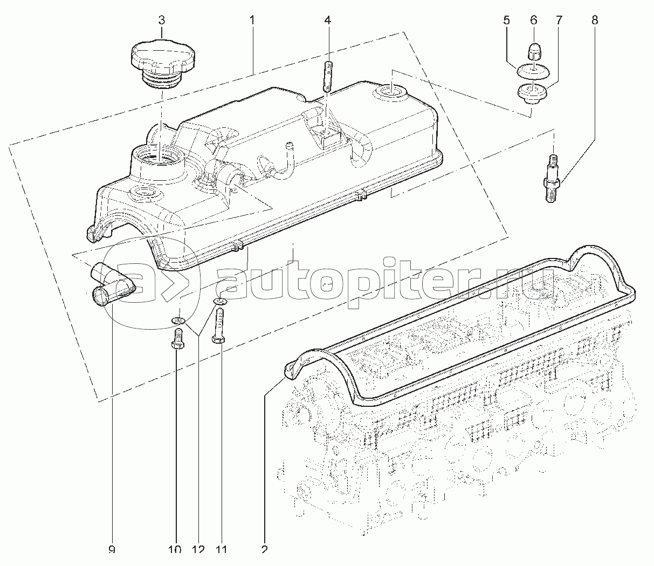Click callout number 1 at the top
click(252, 21)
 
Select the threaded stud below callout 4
click(327, 77)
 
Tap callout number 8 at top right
click(594, 21)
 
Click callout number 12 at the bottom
click(198, 550)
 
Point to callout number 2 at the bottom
click(265, 550)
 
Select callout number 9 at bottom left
click(112, 550)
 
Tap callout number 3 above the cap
click(161, 21)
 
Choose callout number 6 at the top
click(534, 21)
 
